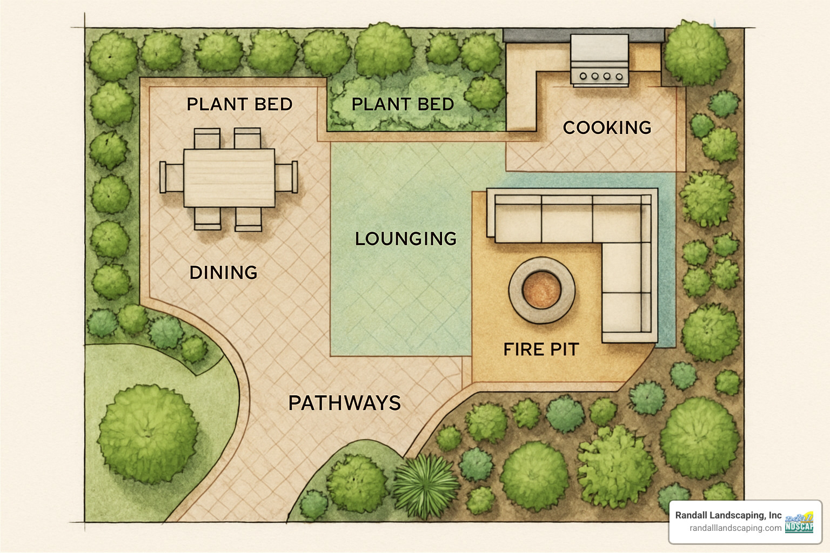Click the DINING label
coord(223,272)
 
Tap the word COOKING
coord(607,127)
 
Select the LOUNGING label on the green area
coord(405,238)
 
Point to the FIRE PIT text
coord(541,349)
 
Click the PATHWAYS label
coord(344,403)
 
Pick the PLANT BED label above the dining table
coord(239,104)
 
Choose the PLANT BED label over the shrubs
coord(403,104)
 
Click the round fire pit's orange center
coord(541,289)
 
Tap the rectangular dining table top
coord(229,178)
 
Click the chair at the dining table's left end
coord(171,177)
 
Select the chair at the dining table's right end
coord(286,177)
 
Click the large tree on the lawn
coord(148,433)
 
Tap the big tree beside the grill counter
coord(695,53)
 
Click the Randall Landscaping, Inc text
coord(728,515)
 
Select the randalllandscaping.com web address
coord(735,528)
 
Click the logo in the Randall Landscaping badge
coord(799,522)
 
